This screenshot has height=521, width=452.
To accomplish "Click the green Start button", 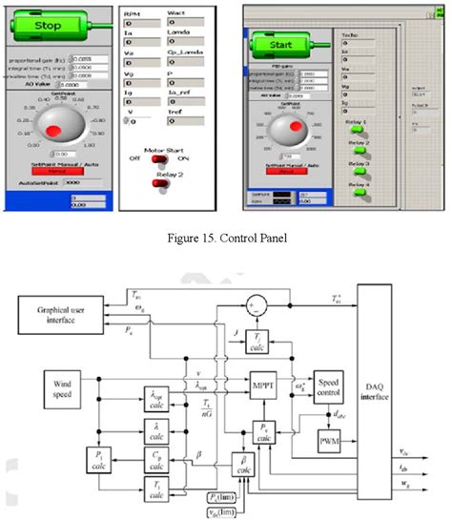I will click(285, 44).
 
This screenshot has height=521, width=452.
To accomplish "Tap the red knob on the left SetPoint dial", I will click(54, 129).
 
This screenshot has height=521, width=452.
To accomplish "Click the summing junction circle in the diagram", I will click(252, 304).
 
